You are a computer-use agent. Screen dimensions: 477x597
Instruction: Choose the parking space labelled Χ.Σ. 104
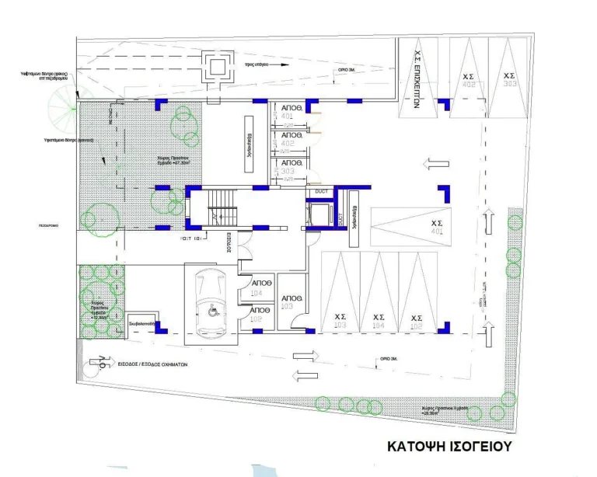point(379,321)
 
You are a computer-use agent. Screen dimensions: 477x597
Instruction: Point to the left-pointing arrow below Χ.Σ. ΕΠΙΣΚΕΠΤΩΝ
point(435,164)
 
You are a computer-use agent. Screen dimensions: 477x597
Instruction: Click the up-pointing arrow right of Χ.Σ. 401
point(488,221)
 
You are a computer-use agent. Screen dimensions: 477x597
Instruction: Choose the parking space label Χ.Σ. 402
point(469,80)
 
